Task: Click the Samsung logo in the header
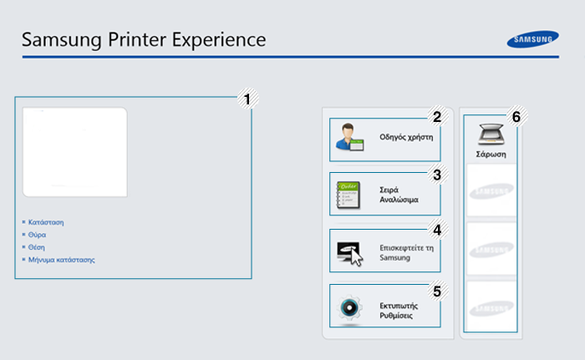(x=533, y=39)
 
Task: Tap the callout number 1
(x=247, y=99)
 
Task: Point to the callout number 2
(x=437, y=117)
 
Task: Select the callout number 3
(x=437, y=175)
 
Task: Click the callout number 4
(x=437, y=230)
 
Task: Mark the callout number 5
(x=437, y=292)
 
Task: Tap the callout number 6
(x=516, y=117)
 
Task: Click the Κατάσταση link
(x=46, y=222)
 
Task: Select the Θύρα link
(x=38, y=235)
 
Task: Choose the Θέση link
(x=37, y=247)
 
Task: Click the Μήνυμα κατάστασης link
(x=62, y=260)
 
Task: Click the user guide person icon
(x=349, y=137)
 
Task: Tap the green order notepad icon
(x=348, y=195)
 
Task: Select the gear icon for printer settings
(x=349, y=307)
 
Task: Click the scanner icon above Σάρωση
(x=491, y=134)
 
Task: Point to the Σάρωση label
(x=491, y=154)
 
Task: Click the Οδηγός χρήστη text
(x=406, y=137)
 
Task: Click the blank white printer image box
(x=75, y=152)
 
